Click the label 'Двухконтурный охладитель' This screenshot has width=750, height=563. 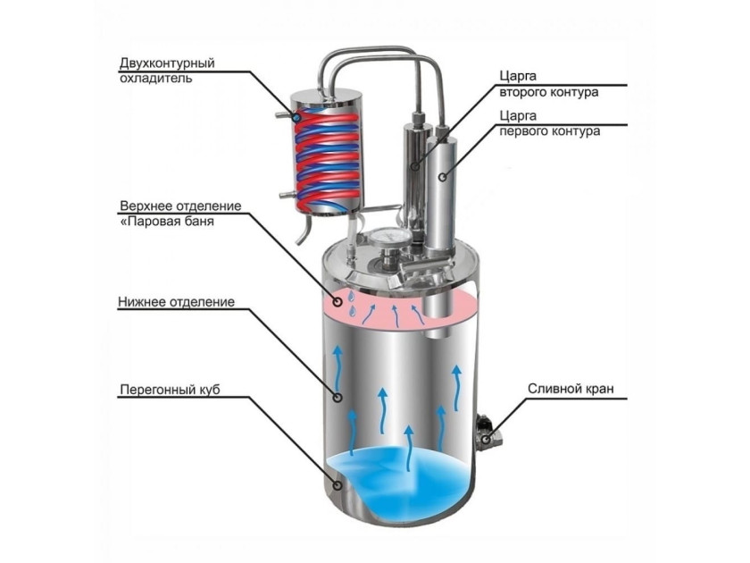click(x=167, y=70)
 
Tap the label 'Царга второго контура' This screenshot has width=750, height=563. click(x=548, y=84)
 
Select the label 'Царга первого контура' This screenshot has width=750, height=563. click(x=550, y=123)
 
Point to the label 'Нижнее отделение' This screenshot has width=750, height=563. click(x=177, y=302)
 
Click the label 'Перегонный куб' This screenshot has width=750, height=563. click(x=170, y=390)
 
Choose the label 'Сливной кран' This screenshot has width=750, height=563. click(x=571, y=388)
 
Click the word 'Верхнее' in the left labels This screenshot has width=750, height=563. click(x=146, y=206)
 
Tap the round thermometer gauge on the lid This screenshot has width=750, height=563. click(x=390, y=238)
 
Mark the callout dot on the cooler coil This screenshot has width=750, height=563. click(x=297, y=117)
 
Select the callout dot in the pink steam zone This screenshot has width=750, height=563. click(x=338, y=302)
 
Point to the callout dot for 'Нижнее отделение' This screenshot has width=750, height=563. click(x=337, y=398)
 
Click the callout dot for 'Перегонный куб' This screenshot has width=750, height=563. click(x=337, y=485)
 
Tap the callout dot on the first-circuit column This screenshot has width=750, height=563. click(x=443, y=177)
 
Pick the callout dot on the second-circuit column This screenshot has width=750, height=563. click(x=415, y=166)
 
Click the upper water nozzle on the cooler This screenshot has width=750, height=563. click(x=283, y=115)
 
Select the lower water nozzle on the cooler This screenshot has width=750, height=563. click(x=286, y=195)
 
